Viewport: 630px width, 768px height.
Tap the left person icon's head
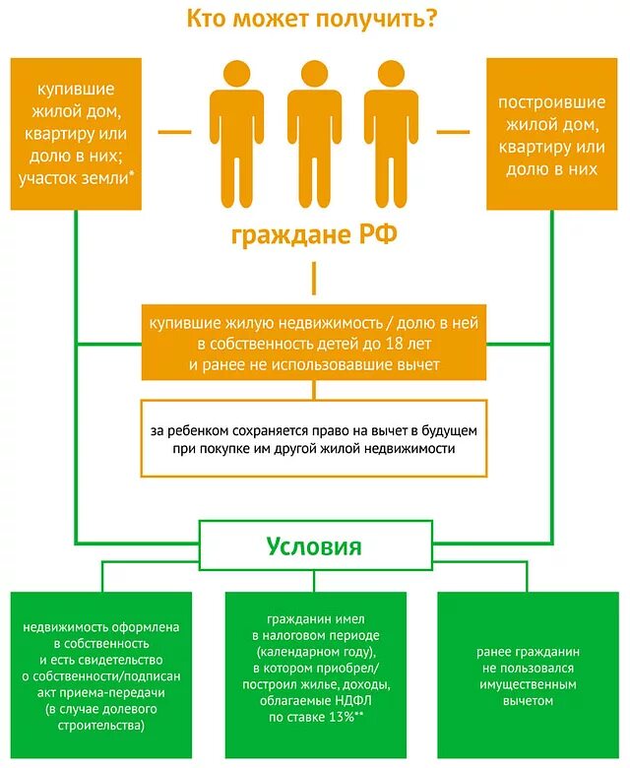pyautogui.click(x=236, y=74)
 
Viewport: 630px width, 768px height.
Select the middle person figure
pyautogui.click(x=314, y=138)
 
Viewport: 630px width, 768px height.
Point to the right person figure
pyautogui.click(x=390, y=138)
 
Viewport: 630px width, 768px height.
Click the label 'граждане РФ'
pyautogui.click(x=314, y=236)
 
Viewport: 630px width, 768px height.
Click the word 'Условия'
pyautogui.click(x=314, y=546)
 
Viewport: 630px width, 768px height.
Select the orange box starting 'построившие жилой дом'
pyautogui.click(x=550, y=133)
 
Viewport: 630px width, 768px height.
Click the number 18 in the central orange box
pyautogui.click(x=398, y=344)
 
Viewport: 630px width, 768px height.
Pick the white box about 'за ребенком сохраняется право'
pyautogui.click(x=314, y=438)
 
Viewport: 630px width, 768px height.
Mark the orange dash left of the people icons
pyautogui.click(x=175, y=130)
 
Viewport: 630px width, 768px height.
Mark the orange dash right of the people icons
pyautogui.click(x=454, y=130)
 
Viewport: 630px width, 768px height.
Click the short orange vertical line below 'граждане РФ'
pyautogui.click(x=314, y=280)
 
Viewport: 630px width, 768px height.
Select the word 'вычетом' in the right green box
pyautogui.click(x=527, y=700)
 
